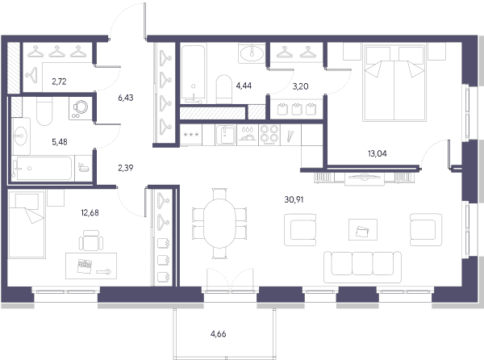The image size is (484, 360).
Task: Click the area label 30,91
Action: click(294, 199)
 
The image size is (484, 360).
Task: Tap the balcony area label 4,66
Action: click(219, 334)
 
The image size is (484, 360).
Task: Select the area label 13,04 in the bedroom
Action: click(378, 153)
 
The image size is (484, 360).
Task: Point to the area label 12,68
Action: click(90, 213)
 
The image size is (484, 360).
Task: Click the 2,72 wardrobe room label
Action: click(59, 82)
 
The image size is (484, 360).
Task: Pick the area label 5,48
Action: click(60, 142)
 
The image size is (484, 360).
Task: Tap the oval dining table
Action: click(219, 224)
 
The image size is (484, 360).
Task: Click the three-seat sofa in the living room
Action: click(363, 267)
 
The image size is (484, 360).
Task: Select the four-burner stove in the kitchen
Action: click(269, 135)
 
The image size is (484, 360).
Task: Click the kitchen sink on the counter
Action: click(226, 135)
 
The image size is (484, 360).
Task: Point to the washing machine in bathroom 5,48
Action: click(81, 109)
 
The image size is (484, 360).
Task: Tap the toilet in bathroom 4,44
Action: click(223, 90)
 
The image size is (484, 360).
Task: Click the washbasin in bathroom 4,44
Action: click(252, 53)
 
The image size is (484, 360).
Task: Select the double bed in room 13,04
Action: click(394, 83)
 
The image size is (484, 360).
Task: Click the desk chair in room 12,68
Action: click(91, 241)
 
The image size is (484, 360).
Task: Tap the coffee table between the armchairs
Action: click(363, 230)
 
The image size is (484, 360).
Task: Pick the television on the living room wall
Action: click(365, 178)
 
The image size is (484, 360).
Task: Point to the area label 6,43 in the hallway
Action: click(126, 98)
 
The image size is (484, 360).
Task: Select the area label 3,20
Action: click(300, 86)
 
